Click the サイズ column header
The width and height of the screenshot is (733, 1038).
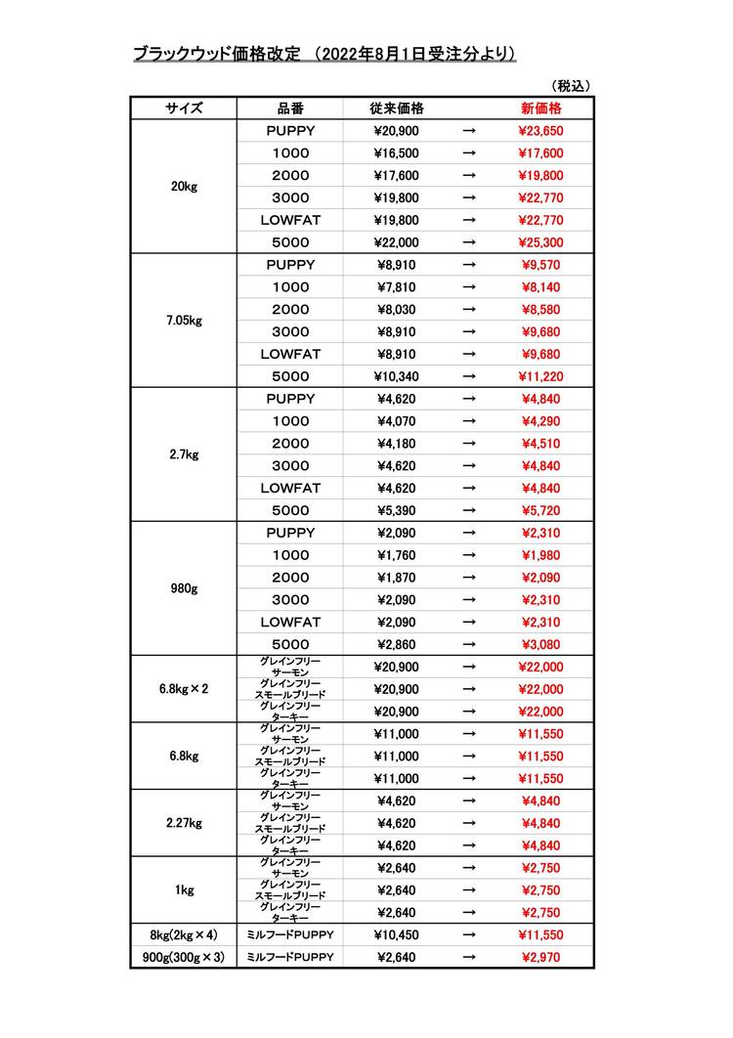tap(184, 108)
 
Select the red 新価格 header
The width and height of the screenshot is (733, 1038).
tap(540, 108)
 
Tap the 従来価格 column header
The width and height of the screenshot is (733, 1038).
tap(397, 108)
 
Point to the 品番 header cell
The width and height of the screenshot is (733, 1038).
tap(289, 108)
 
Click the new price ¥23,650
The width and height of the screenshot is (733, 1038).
tap(540, 131)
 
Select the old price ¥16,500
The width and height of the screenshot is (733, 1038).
tap(397, 153)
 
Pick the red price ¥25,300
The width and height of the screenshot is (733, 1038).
tap(540, 242)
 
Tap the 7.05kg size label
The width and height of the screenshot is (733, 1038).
tap(184, 321)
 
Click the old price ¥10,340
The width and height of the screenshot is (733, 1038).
tap(397, 376)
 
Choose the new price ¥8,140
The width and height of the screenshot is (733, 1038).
tap(540, 287)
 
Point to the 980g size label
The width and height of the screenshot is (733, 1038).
tap(184, 588)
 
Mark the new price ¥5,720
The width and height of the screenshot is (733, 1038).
tap(540, 510)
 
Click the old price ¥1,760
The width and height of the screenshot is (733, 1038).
tap(397, 555)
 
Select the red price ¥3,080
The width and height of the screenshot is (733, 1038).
tap(540, 644)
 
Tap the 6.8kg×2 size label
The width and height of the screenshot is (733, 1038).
tap(184, 689)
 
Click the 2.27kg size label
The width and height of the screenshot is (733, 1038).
tap(184, 823)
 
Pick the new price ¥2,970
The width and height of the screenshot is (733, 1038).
tap(540, 957)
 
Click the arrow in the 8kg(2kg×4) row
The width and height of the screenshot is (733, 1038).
tap(468, 934)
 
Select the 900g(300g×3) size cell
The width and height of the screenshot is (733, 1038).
tap(184, 957)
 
